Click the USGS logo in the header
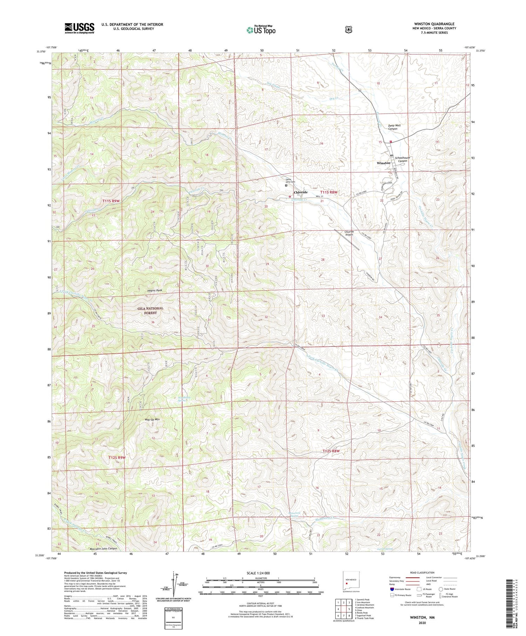79,28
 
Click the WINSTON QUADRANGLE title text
434,24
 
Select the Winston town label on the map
383,163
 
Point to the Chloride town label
301,192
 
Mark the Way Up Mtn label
152,419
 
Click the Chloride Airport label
349,233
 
